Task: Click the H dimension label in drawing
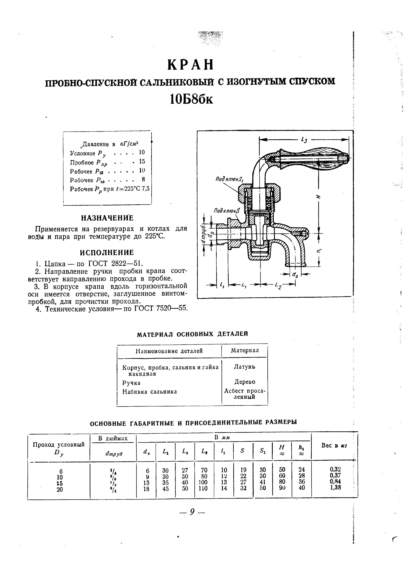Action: coord(319,197)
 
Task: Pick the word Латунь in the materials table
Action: coord(244,367)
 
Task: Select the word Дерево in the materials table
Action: coord(245,382)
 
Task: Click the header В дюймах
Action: coord(113,438)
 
